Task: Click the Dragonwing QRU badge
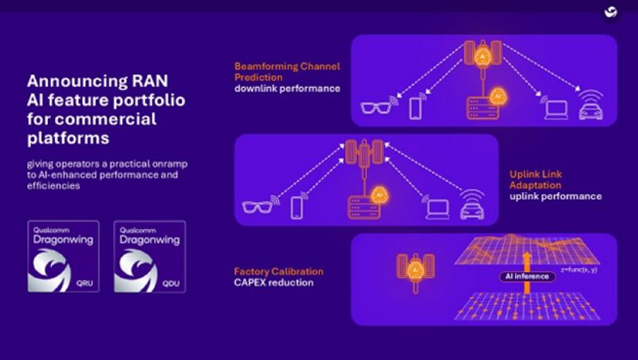point(64,256)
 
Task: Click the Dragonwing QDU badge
point(150,256)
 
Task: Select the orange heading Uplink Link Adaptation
point(536,180)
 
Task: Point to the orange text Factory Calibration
point(278,271)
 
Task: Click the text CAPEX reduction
point(274,282)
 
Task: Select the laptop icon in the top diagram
point(554,109)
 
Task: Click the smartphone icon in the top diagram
point(416,107)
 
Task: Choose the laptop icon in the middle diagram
point(436,208)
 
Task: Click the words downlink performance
point(287,89)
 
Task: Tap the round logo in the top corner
point(611,13)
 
